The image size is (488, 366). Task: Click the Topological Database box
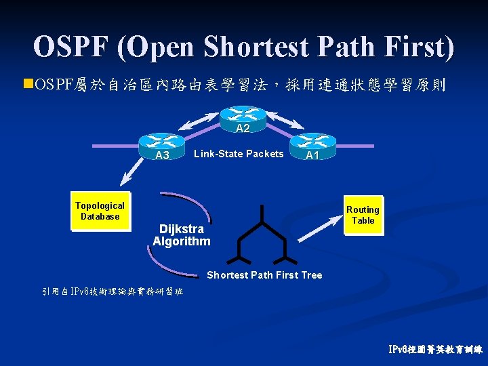(x=100, y=211)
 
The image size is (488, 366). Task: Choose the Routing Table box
(x=363, y=215)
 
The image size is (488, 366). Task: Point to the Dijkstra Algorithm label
(x=181, y=235)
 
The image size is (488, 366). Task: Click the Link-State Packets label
(x=239, y=154)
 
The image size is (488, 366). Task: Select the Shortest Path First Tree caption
(x=264, y=274)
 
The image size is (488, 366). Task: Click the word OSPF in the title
(x=71, y=46)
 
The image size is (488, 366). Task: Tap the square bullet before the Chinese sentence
(x=27, y=84)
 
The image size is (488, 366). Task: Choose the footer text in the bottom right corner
(x=436, y=350)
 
